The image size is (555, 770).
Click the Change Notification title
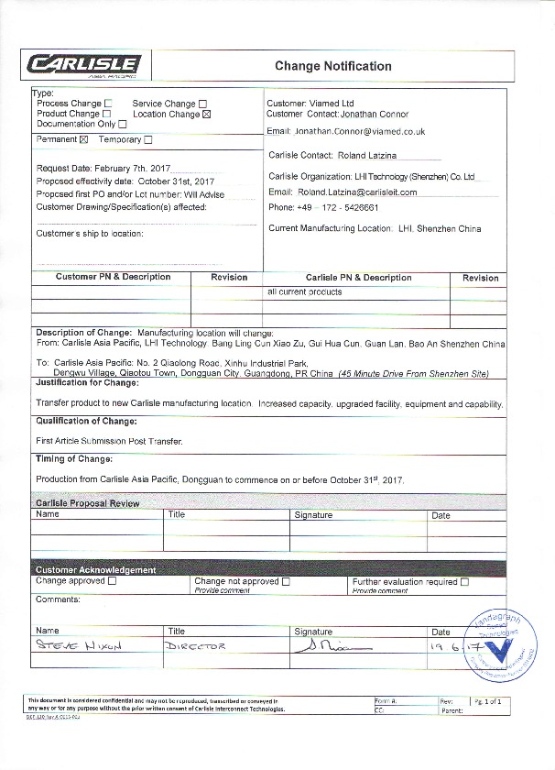click(x=332, y=66)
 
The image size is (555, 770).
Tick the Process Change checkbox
click(x=109, y=104)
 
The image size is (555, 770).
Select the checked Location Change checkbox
click(x=206, y=115)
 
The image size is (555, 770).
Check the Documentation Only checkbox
click(x=123, y=124)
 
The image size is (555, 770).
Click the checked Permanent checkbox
click(x=84, y=140)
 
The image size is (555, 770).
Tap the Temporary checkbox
click(x=148, y=140)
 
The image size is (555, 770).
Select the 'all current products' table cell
click(x=305, y=292)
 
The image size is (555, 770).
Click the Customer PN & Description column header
click(x=113, y=277)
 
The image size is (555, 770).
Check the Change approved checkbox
click(x=112, y=580)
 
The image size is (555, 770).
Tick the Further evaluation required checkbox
click(x=464, y=581)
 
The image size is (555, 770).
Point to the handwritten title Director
click(x=198, y=646)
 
